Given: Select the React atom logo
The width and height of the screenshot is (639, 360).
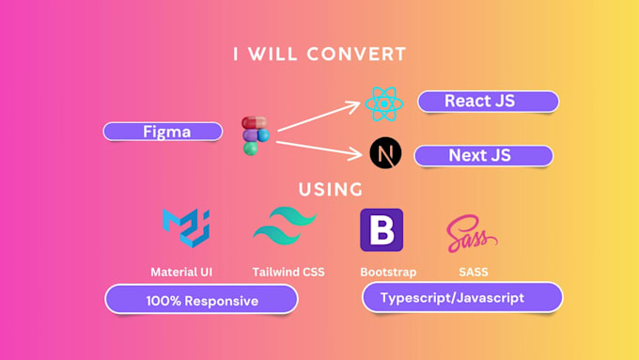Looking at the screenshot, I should (382, 102).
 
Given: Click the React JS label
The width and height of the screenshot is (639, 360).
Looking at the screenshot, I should (488, 102).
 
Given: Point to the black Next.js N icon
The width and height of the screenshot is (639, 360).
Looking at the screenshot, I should (384, 153).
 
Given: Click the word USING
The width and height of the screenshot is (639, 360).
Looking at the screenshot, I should (331, 189).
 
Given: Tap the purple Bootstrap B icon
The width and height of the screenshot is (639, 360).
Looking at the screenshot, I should (382, 229).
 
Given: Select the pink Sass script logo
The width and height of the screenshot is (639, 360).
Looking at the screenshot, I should (470, 231).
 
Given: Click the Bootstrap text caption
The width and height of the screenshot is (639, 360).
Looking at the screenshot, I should (382, 273).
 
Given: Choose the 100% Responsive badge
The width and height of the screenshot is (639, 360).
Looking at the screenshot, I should (201, 300).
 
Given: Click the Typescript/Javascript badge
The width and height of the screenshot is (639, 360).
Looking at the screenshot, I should (461, 298).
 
